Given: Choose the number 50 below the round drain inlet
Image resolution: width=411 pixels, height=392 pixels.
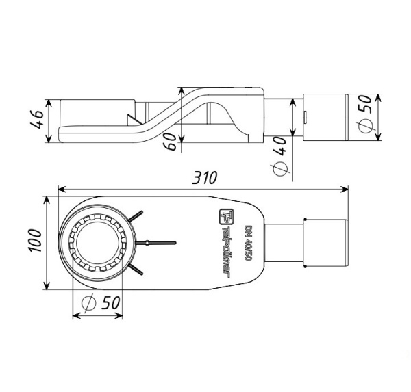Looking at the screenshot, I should [109, 301].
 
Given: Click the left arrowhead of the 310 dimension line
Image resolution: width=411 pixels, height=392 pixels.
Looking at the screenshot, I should [62, 190].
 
